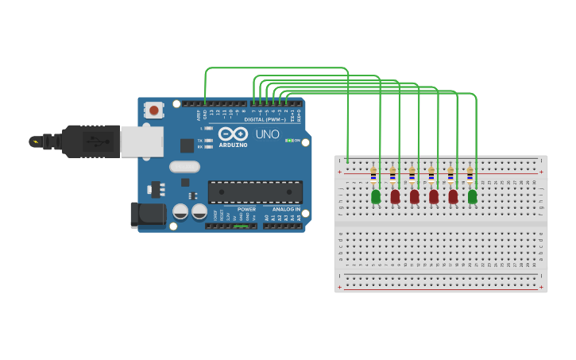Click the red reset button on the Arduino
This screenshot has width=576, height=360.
[x=153, y=110]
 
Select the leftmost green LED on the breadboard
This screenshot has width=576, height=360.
[x=376, y=196]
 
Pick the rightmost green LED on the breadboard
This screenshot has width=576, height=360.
[x=473, y=196]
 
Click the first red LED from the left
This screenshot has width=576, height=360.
[x=395, y=196]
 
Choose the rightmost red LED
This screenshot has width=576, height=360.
[x=453, y=196]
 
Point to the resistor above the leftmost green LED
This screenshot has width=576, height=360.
[x=373, y=174]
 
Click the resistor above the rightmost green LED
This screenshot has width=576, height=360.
[x=470, y=174]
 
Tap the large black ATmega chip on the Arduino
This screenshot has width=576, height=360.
[x=255, y=192]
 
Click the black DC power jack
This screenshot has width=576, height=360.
[x=148, y=214]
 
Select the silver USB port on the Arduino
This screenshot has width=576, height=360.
[x=142, y=141]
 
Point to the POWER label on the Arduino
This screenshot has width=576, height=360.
[x=246, y=209]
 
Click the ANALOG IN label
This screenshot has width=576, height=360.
[x=286, y=209]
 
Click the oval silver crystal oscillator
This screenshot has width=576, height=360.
[x=184, y=167]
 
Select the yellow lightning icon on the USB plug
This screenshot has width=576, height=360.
[x=34, y=142]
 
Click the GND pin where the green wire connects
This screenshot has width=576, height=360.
[x=205, y=104]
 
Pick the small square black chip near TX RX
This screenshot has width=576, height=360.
[x=187, y=145]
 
